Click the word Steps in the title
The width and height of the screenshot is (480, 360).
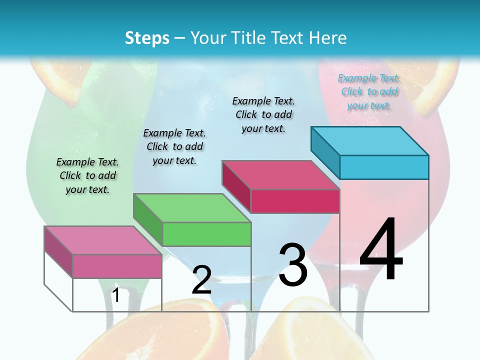[x=147, y=38]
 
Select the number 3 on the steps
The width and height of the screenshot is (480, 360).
[x=293, y=265]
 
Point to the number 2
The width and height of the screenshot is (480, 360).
[x=201, y=280]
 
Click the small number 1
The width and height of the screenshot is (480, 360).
[x=115, y=295]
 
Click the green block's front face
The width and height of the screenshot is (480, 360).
[x=206, y=234]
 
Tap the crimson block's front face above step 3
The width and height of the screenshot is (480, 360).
[x=295, y=201]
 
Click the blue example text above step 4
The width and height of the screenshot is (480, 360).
[x=369, y=92]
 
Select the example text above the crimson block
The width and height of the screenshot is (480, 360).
[x=263, y=114]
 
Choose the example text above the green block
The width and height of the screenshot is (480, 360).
[x=174, y=146]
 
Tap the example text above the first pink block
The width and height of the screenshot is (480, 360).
[x=87, y=175]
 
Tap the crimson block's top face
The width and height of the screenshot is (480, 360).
[x=280, y=175]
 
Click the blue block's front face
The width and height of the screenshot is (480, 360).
[x=384, y=167]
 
